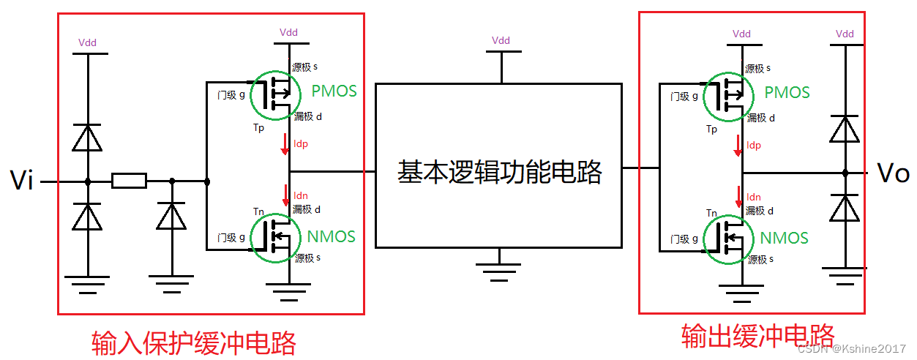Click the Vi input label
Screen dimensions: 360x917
pos(21,180)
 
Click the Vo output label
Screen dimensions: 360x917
pos(892,173)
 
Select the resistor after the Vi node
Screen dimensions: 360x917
pos(129,181)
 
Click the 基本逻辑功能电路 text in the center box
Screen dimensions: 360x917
pos(499,173)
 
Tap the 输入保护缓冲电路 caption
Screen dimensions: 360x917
pos(194,342)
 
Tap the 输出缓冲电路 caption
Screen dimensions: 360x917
pos(758,336)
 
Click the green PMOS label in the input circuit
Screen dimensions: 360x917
pos(334,91)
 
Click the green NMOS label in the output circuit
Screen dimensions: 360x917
pos(784,238)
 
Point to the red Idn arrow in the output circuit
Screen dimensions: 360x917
pos(738,197)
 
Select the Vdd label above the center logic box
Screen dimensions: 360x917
pos(501,40)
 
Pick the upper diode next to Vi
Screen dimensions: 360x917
pos(87,138)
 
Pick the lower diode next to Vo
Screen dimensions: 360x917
pos(845,209)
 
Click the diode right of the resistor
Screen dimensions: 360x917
pos(171,217)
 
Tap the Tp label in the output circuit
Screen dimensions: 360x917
pos(711,130)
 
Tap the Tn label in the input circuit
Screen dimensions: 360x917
pos(258,211)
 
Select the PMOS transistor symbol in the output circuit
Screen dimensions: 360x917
pos(728,95)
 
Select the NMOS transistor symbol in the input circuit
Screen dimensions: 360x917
pos(275,236)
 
